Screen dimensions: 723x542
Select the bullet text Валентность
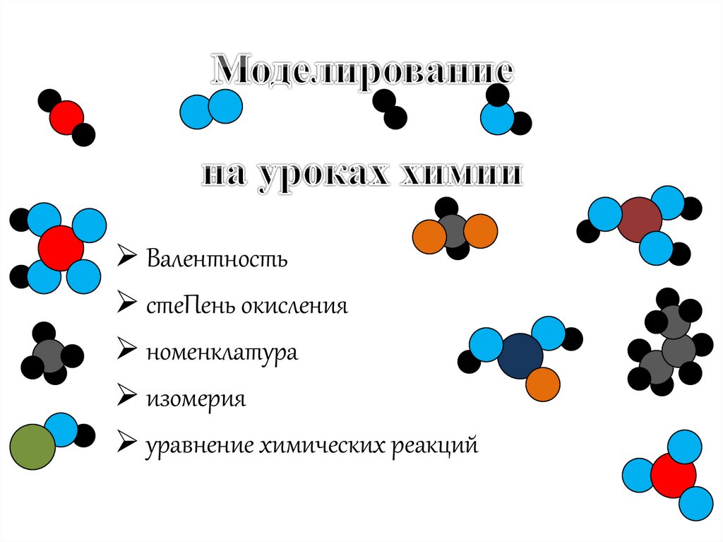pos(217,259)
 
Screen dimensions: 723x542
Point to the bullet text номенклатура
pos(222,352)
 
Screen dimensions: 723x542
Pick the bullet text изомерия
pos(196,399)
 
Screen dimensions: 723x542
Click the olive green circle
pos(32,447)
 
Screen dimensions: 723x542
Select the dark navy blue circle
pos(520,356)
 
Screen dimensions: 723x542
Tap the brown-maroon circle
pos(639,219)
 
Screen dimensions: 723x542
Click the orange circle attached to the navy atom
pos(543,384)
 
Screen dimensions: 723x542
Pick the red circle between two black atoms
pos(66,117)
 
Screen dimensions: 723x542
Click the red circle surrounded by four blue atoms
pos(61,248)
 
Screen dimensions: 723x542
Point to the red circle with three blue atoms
pos(673,475)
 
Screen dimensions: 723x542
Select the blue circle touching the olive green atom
pos(62,430)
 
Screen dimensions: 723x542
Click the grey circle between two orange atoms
pos(454,230)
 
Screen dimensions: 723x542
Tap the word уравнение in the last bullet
pos(197,446)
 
